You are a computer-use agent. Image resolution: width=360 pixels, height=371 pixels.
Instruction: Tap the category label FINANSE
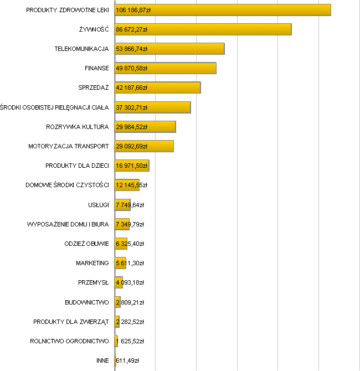96,68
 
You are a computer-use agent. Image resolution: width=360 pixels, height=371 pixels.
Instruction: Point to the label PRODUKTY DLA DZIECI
77,166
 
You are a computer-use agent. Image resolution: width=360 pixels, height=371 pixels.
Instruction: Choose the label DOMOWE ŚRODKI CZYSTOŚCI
67,185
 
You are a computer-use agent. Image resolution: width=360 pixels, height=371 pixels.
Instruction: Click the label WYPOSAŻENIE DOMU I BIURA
68,224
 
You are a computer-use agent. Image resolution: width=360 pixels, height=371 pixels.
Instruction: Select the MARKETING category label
92,263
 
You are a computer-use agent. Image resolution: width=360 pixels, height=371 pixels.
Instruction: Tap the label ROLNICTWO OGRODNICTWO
69,341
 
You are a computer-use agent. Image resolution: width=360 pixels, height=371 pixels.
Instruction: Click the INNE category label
102,360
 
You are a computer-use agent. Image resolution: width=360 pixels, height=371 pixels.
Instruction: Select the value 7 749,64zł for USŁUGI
130,205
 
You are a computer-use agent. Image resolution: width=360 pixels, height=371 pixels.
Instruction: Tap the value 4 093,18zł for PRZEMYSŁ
130,282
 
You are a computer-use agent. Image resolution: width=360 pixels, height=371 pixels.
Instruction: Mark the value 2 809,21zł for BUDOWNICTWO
130,302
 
